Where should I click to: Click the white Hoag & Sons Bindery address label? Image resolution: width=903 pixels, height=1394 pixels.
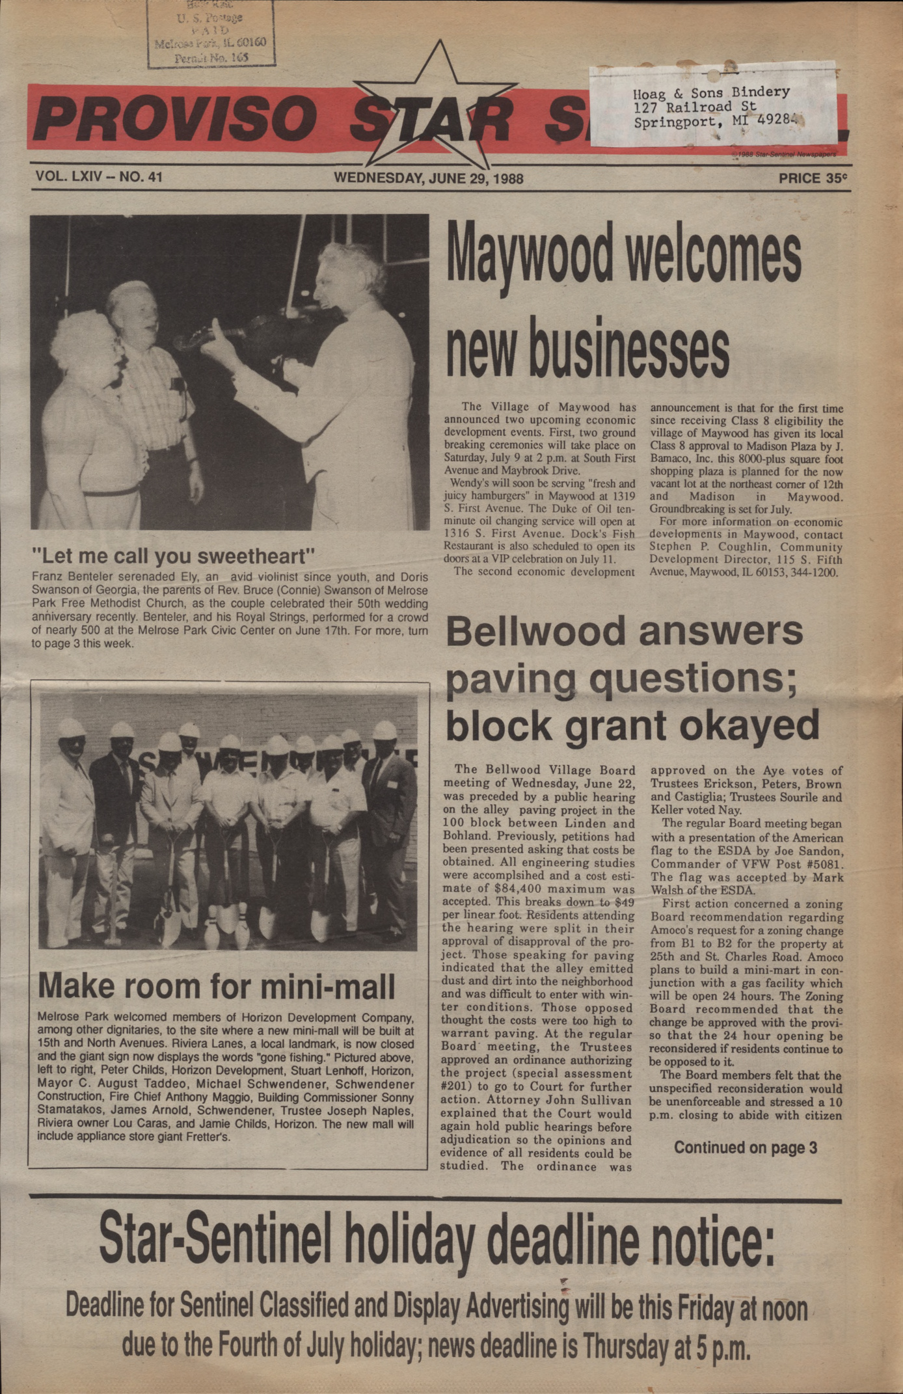click(712, 106)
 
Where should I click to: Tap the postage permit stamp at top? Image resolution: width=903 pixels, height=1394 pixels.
click(211, 34)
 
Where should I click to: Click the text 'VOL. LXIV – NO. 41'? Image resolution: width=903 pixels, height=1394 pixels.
click(99, 176)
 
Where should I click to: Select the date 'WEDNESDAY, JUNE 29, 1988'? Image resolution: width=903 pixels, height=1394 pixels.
click(428, 178)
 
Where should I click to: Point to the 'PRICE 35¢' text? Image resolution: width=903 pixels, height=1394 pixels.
click(813, 178)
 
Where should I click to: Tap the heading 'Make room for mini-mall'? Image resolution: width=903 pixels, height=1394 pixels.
click(217, 986)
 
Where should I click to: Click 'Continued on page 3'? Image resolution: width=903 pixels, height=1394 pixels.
click(745, 1147)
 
